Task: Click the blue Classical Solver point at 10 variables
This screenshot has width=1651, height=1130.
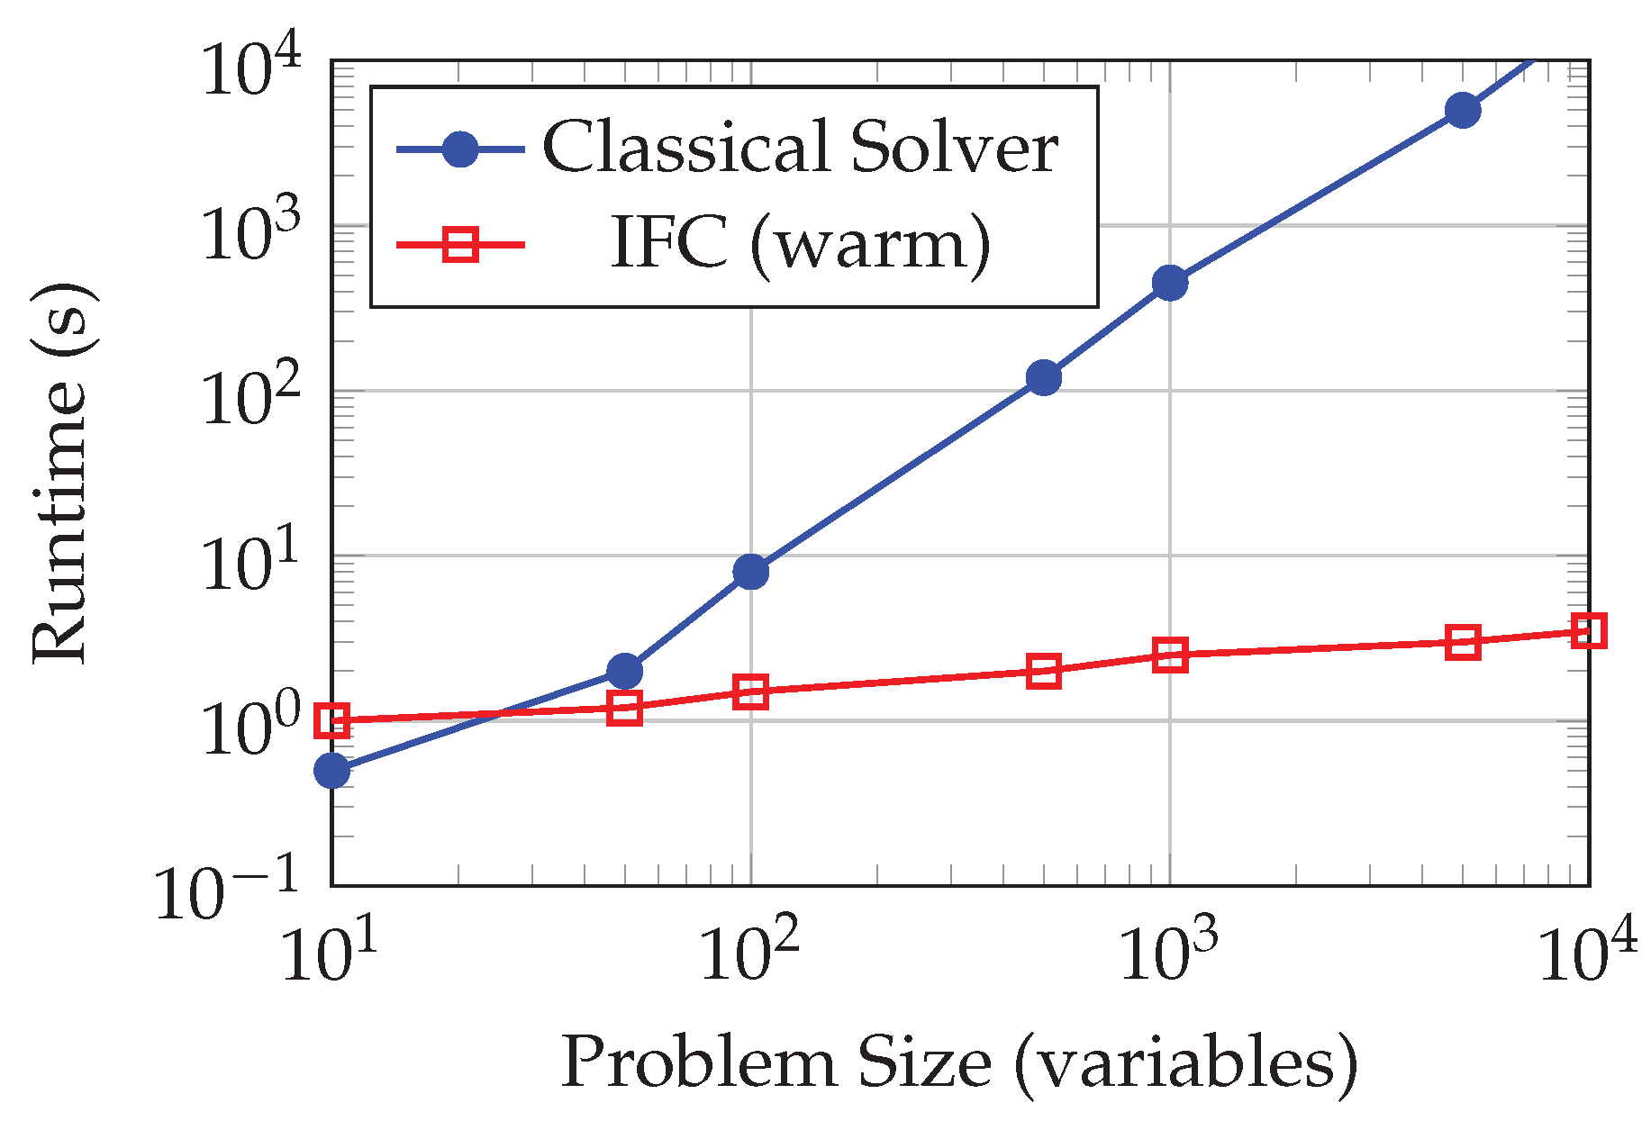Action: click(x=331, y=770)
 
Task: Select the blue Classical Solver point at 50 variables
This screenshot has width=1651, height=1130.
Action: click(x=624, y=671)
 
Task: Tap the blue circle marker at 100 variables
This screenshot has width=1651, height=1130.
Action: click(x=750, y=571)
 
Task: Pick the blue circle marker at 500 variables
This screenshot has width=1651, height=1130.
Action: click(x=1043, y=377)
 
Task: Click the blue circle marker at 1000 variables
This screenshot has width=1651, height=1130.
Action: click(x=1169, y=283)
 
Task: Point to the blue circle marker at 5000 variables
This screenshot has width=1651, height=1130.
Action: click(x=1463, y=110)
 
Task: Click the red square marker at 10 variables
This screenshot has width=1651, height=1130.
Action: click(x=331, y=720)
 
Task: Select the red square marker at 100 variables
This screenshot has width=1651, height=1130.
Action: click(x=750, y=692)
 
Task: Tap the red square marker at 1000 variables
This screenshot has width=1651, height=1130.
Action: click(x=1169, y=655)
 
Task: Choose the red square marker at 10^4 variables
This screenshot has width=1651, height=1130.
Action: click(x=1589, y=630)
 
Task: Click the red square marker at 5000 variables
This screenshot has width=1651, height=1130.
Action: click(x=1463, y=642)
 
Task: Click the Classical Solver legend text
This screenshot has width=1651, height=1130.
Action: click(x=800, y=147)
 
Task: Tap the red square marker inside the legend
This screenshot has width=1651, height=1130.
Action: click(x=460, y=244)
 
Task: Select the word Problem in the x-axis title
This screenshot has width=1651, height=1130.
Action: click(x=697, y=1062)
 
